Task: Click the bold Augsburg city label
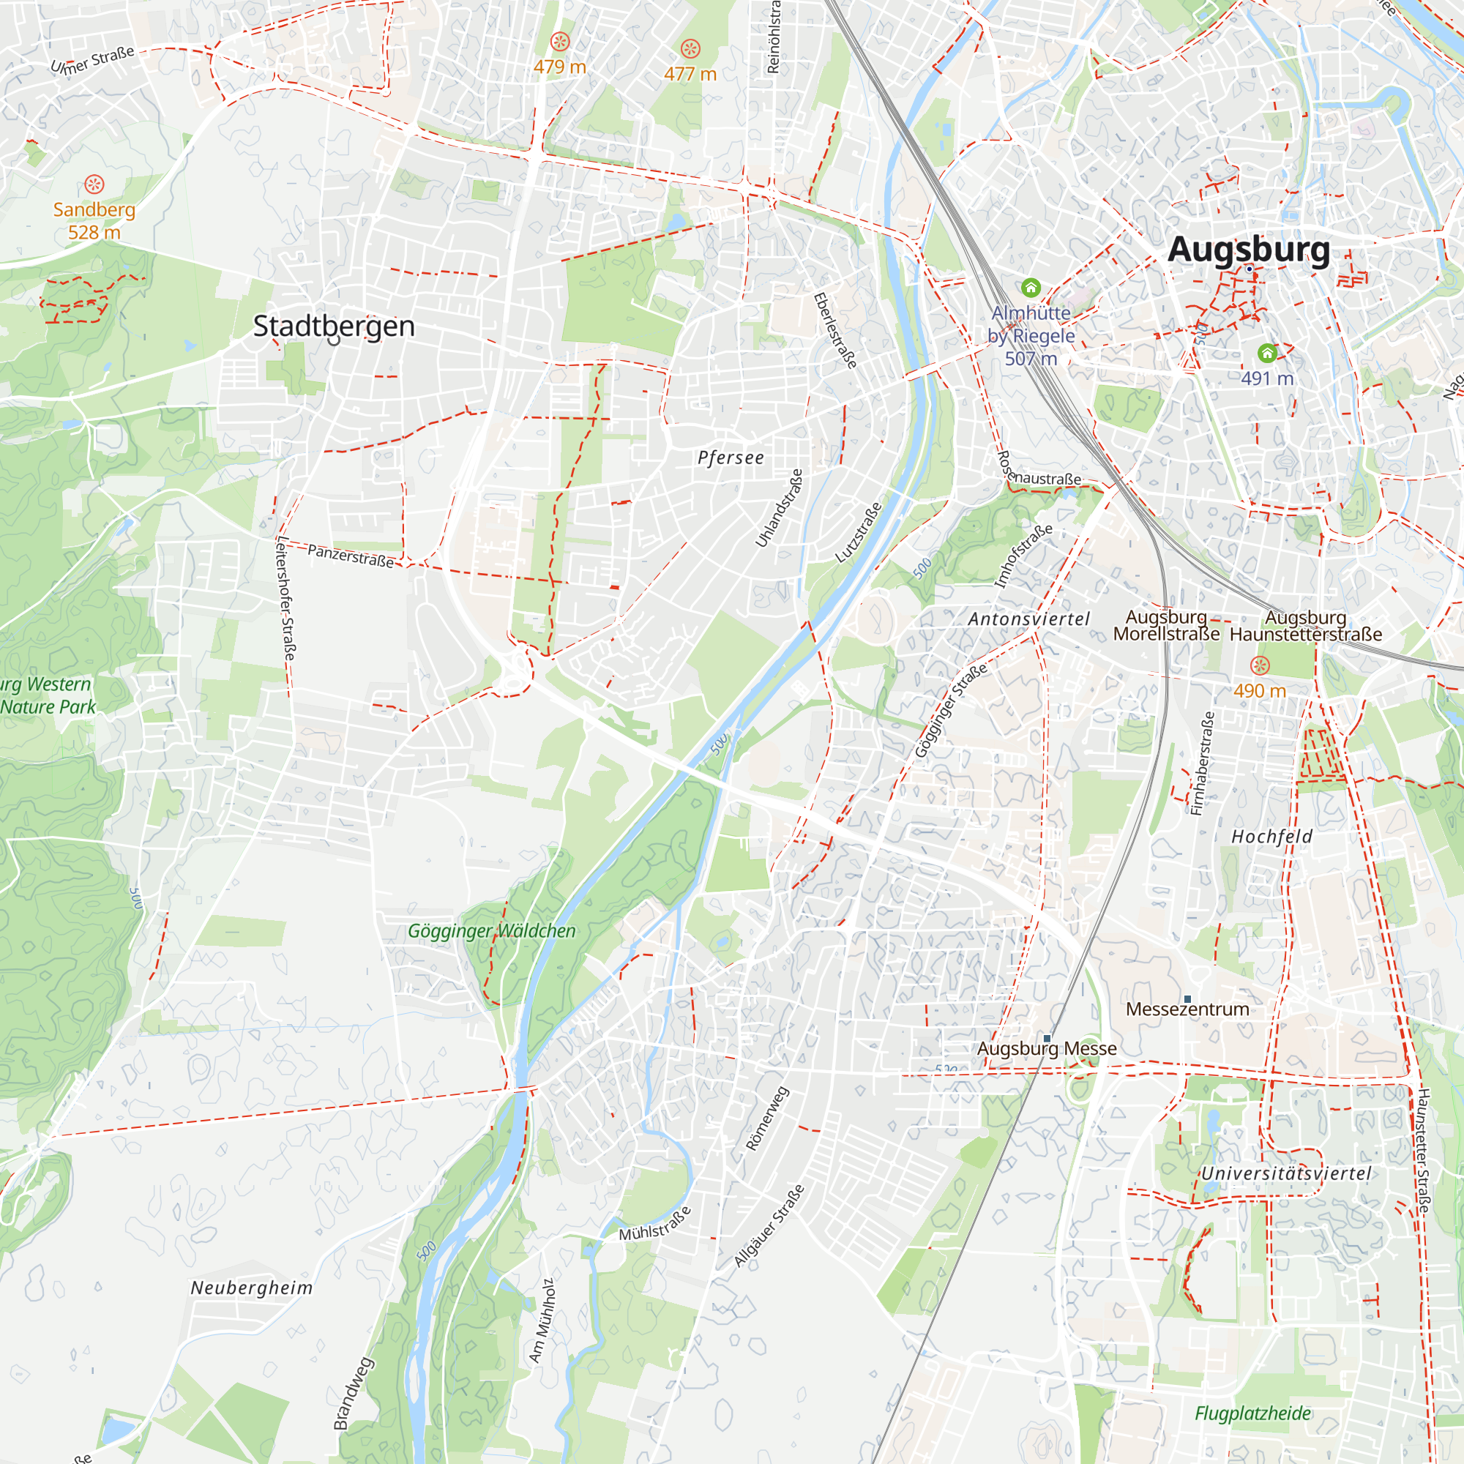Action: pyautogui.click(x=1248, y=250)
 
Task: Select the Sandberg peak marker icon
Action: pyautogui.click(x=94, y=184)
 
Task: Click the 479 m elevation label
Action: pyautogui.click(x=559, y=67)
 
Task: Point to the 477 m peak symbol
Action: pyautogui.click(x=690, y=49)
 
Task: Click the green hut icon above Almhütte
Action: pyautogui.click(x=1030, y=288)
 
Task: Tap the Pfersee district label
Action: pyautogui.click(x=731, y=457)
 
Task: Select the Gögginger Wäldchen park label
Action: pyautogui.click(x=492, y=930)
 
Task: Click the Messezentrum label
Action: pyautogui.click(x=1187, y=1009)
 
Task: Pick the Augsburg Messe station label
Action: pyautogui.click(x=1047, y=1049)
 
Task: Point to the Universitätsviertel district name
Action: pyautogui.click(x=1286, y=1174)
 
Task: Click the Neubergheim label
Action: pyautogui.click(x=252, y=1288)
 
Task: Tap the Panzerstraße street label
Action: pyautogui.click(x=350, y=556)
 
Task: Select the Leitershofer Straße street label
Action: pyautogui.click(x=285, y=598)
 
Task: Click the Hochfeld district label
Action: pyautogui.click(x=1271, y=837)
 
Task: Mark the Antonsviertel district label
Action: pyautogui.click(x=1028, y=619)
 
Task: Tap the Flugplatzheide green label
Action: pyautogui.click(x=1252, y=1413)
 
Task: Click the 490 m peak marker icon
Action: pyautogui.click(x=1259, y=666)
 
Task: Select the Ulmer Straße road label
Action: pyautogui.click(x=92, y=60)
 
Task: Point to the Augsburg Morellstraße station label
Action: pyautogui.click(x=1165, y=626)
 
